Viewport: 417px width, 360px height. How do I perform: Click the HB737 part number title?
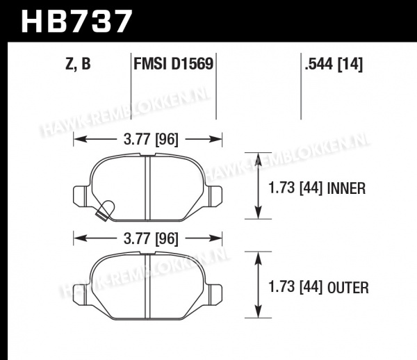tap(76, 21)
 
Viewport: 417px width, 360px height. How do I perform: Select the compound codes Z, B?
tap(78, 64)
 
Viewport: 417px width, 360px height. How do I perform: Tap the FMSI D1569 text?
tap(173, 64)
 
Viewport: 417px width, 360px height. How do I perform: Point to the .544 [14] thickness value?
tap(334, 64)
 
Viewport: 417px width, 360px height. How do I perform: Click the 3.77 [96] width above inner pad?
tap(151, 139)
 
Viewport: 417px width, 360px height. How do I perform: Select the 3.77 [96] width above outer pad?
tap(151, 238)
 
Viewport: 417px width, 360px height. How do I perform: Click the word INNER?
tap(347, 188)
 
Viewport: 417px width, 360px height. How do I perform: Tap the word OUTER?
tap(348, 288)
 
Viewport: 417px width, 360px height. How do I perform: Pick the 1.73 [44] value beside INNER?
tap(296, 188)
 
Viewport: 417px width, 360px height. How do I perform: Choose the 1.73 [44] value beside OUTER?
tap(296, 288)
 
